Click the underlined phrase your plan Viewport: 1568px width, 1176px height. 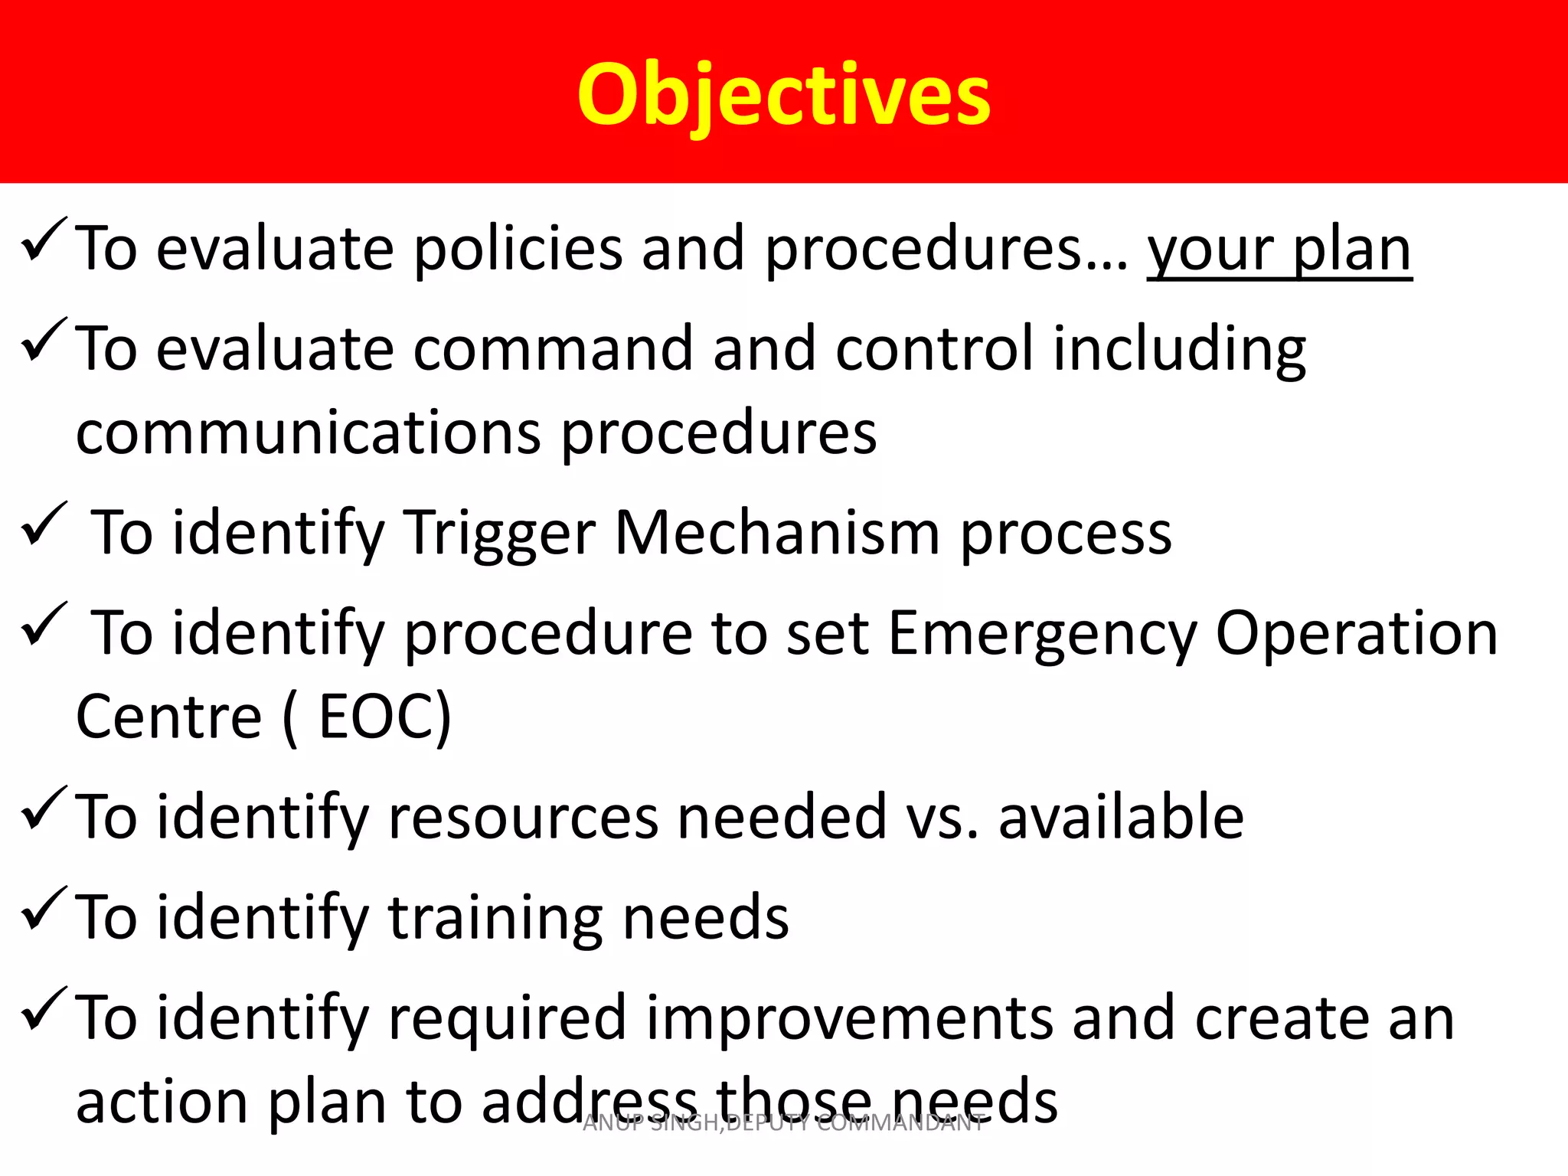coord(1279,249)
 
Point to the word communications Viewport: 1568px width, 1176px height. coord(308,433)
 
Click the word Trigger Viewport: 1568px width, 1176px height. coord(498,534)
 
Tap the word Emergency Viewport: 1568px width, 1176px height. coord(1042,634)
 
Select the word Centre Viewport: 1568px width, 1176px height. coord(169,717)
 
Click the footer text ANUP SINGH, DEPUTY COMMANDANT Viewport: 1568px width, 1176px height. coord(783,1123)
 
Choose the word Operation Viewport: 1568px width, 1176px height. coord(1356,634)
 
